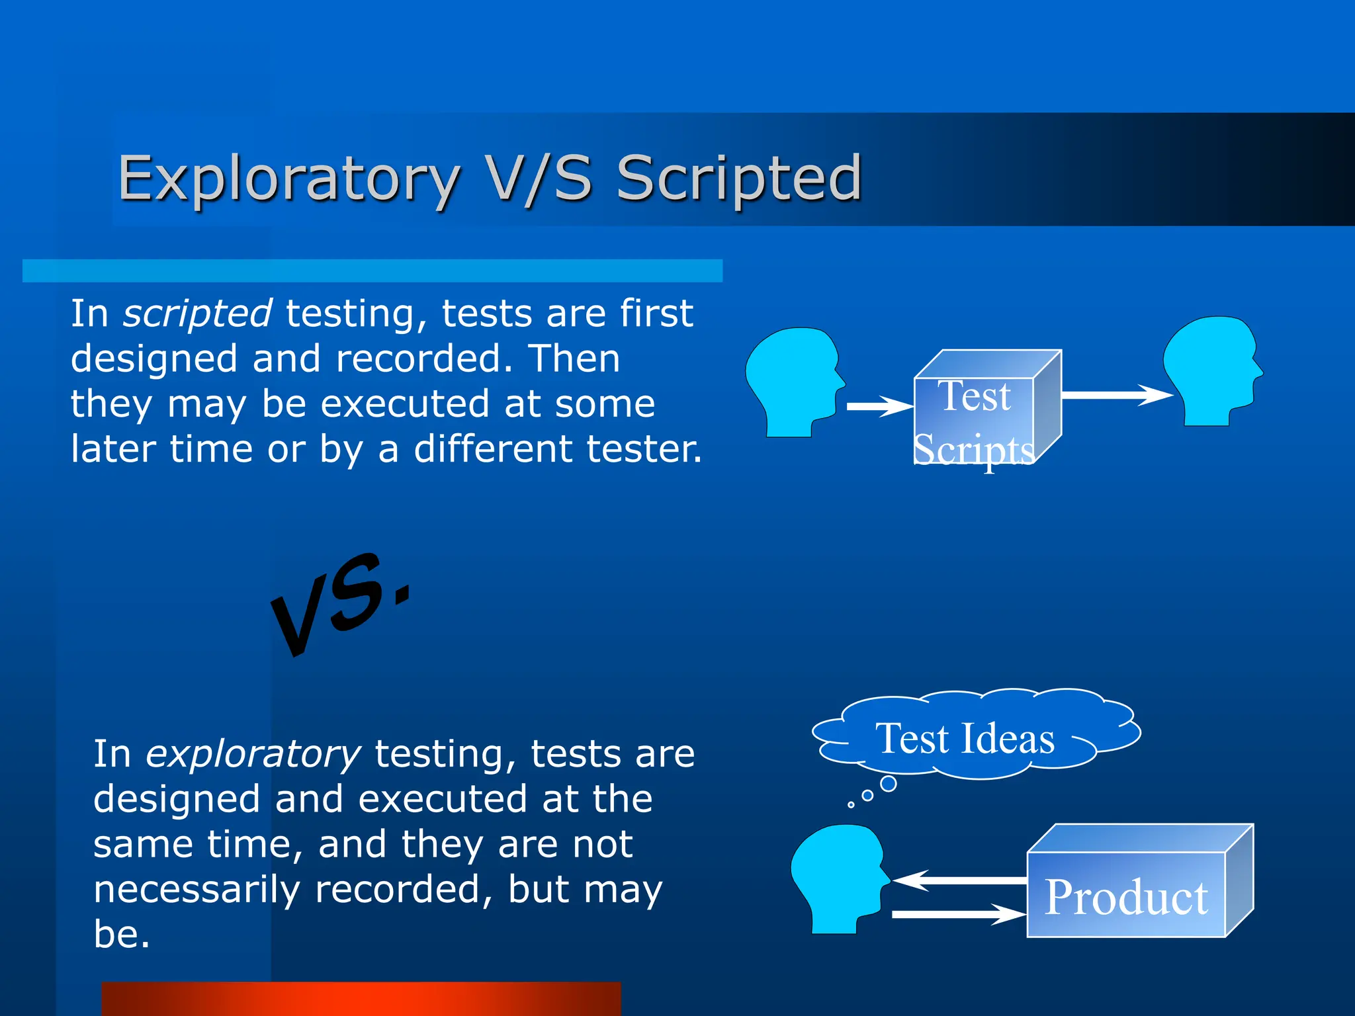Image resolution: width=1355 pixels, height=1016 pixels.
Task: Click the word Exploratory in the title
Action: pyautogui.click(x=288, y=179)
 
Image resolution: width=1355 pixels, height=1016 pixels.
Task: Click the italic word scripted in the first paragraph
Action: pyautogui.click(x=197, y=314)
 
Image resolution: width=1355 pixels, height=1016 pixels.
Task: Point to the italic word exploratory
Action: pyautogui.click(x=253, y=754)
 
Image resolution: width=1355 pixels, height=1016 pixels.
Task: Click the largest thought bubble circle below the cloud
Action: pyautogui.click(x=889, y=784)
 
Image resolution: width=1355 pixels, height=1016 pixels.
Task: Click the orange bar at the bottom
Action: pyautogui.click(x=361, y=999)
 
